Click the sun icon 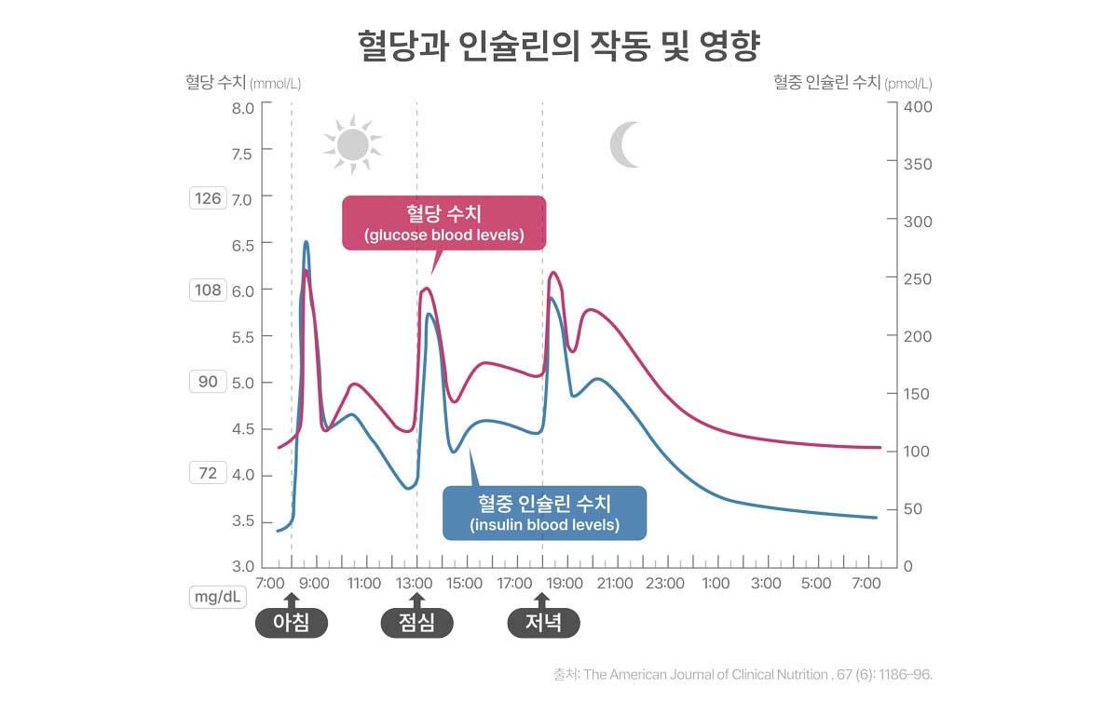(x=352, y=143)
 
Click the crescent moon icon (x=624, y=144)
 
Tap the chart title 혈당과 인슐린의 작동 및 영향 (x=559, y=46)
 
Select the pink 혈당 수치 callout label (x=443, y=223)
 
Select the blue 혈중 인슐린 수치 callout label (x=544, y=512)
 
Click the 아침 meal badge (x=292, y=623)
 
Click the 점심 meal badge (x=416, y=623)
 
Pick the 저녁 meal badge (x=543, y=623)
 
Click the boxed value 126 (x=208, y=197)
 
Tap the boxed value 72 (x=208, y=474)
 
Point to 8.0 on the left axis (x=242, y=107)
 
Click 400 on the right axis (x=918, y=107)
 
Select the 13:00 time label (x=414, y=584)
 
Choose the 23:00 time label (x=665, y=584)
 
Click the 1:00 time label (x=716, y=584)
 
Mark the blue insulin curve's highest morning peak (x=306, y=242)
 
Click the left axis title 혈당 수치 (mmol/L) (x=243, y=82)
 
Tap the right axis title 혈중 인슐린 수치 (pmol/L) (x=852, y=82)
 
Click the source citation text (x=743, y=673)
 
